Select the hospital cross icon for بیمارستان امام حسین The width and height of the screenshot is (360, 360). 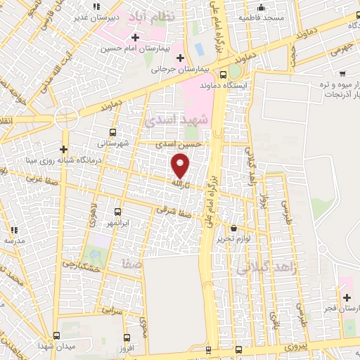point(135,36)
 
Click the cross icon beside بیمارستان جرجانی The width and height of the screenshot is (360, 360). point(180,57)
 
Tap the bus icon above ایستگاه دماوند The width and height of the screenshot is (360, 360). point(223,75)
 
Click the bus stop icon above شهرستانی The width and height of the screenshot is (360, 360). point(114,131)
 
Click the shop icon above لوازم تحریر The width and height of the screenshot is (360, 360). point(233,229)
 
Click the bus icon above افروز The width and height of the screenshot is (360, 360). point(125,337)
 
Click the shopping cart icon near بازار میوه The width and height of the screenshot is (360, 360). point(342,73)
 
